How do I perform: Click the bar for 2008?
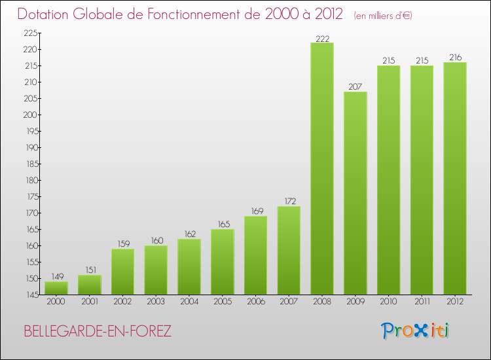point(321,168)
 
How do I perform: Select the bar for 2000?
point(56,288)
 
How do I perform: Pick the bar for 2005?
point(222,262)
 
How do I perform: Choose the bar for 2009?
point(355,193)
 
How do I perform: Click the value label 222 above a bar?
point(321,38)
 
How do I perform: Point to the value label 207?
point(355,87)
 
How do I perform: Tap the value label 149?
point(56,277)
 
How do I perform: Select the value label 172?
point(289,202)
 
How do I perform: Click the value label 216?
point(454,58)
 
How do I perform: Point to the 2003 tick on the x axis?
point(155,302)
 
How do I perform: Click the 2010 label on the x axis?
point(388,302)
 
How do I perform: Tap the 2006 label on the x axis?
point(255,302)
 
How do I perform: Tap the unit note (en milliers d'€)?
point(383,15)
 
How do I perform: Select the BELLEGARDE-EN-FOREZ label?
point(98,331)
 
